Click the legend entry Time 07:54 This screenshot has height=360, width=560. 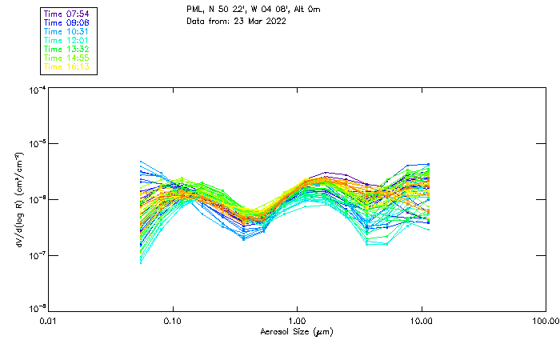pyautogui.click(x=67, y=14)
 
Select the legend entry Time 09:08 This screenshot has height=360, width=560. pyautogui.click(x=67, y=23)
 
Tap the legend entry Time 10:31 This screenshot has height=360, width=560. pyautogui.click(x=67, y=32)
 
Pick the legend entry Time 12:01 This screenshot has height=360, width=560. pyautogui.click(x=67, y=41)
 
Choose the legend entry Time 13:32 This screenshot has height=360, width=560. pyautogui.click(x=67, y=50)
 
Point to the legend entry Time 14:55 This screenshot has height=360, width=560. pyautogui.click(x=67, y=58)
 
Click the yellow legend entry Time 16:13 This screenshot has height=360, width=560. pyautogui.click(x=67, y=67)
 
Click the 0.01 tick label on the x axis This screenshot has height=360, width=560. pyautogui.click(x=48, y=322)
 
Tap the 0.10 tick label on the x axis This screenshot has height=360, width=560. pyautogui.click(x=173, y=322)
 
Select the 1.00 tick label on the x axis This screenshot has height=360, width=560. pyautogui.click(x=298, y=322)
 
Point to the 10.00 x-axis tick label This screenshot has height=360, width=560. pyautogui.click(x=422, y=322)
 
